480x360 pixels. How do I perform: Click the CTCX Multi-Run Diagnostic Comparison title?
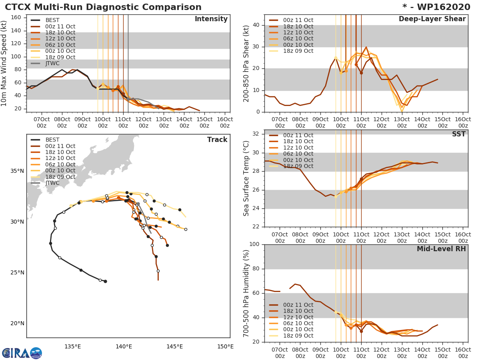103,7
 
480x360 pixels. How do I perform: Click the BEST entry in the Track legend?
52,140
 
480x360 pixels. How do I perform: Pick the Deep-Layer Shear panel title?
432,19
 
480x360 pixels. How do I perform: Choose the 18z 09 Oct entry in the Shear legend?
298,51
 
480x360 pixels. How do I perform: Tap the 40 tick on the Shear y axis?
257,25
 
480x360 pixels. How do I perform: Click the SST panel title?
458,134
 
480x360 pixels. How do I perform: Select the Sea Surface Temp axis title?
246,178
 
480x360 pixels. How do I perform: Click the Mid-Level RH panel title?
441,249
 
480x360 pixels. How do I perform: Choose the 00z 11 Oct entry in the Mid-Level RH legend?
298,305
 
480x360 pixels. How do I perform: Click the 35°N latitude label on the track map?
17,171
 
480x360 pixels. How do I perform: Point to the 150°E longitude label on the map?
226,346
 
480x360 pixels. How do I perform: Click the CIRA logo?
22,353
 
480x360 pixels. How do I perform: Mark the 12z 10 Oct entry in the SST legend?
298,148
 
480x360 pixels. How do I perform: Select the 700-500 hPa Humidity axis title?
246,293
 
